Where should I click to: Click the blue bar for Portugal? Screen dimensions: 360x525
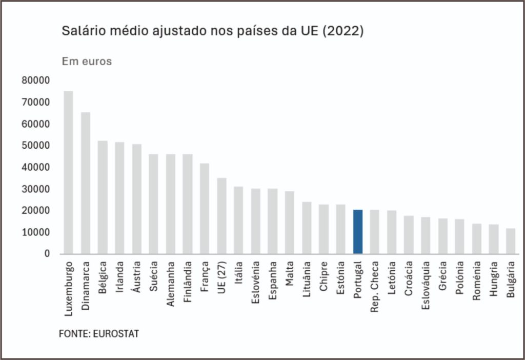coord(358,232)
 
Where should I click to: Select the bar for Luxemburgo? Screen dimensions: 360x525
coord(69,172)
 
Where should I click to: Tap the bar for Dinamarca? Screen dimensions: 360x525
coord(86,183)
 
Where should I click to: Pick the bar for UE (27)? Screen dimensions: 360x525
coord(221,216)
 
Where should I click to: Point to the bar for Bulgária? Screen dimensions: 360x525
coord(510,241)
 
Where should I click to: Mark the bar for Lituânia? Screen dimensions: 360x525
coord(307,228)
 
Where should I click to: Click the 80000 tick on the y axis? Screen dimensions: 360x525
coord(35,81)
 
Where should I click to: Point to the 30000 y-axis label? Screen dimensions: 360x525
coord(35,189)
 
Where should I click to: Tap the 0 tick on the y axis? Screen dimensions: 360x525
coord(47,254)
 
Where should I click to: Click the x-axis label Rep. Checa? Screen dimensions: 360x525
coord(375,287)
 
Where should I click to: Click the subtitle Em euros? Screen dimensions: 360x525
coord(87,62)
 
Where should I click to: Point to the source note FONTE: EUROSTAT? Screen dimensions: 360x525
coord(99,334)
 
